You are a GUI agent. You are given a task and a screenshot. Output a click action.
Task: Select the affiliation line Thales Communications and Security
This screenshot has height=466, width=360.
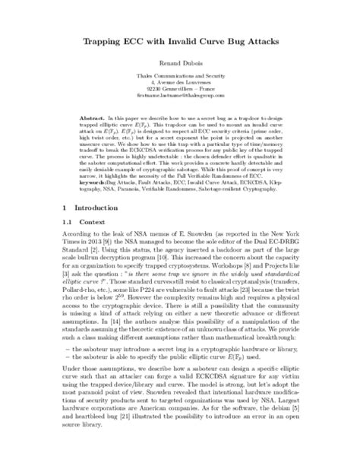tap(180, 85)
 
